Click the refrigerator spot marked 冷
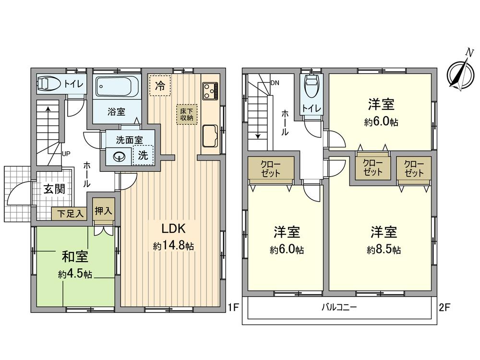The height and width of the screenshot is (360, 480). click(159, 86)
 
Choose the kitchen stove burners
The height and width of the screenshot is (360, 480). click(210, 90)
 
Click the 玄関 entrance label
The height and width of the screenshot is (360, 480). click(55, 189)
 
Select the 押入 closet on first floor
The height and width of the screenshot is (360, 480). click(104, 210)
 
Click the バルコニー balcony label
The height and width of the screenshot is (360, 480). click(339, 307)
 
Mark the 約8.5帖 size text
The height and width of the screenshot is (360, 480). click(384, 250)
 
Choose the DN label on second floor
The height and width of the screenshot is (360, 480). click(275, 83)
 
